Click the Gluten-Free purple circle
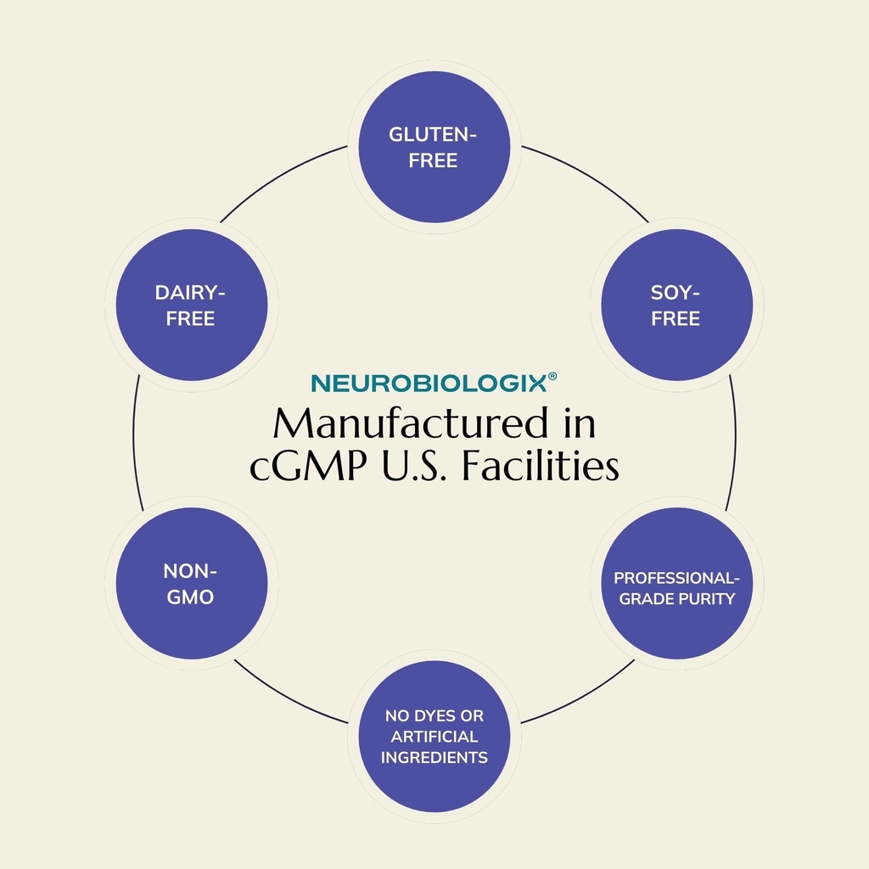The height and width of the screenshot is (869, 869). coord(434,147)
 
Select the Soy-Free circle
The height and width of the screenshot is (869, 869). coord(676,305)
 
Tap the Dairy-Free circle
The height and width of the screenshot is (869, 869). coord(192,305)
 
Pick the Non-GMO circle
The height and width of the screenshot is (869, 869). coord(192,584)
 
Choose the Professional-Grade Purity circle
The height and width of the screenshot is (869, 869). coord(676,584)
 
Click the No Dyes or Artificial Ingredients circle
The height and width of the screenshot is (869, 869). coord(434,737)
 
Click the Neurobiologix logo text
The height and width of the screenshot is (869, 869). coord(429,384)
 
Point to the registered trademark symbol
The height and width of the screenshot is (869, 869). coord(552,377)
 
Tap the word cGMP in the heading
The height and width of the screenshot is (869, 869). coord(308,466)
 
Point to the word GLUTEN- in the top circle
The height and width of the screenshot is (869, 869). coord(433,134)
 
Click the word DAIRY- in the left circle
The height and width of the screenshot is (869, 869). coord(190,293)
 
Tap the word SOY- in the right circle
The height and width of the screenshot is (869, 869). coord(675,293)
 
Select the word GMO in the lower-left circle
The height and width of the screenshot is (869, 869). coord(190,597)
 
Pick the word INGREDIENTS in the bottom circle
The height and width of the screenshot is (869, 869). coord(434,758)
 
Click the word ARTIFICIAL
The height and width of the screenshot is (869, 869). coord(434,737)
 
